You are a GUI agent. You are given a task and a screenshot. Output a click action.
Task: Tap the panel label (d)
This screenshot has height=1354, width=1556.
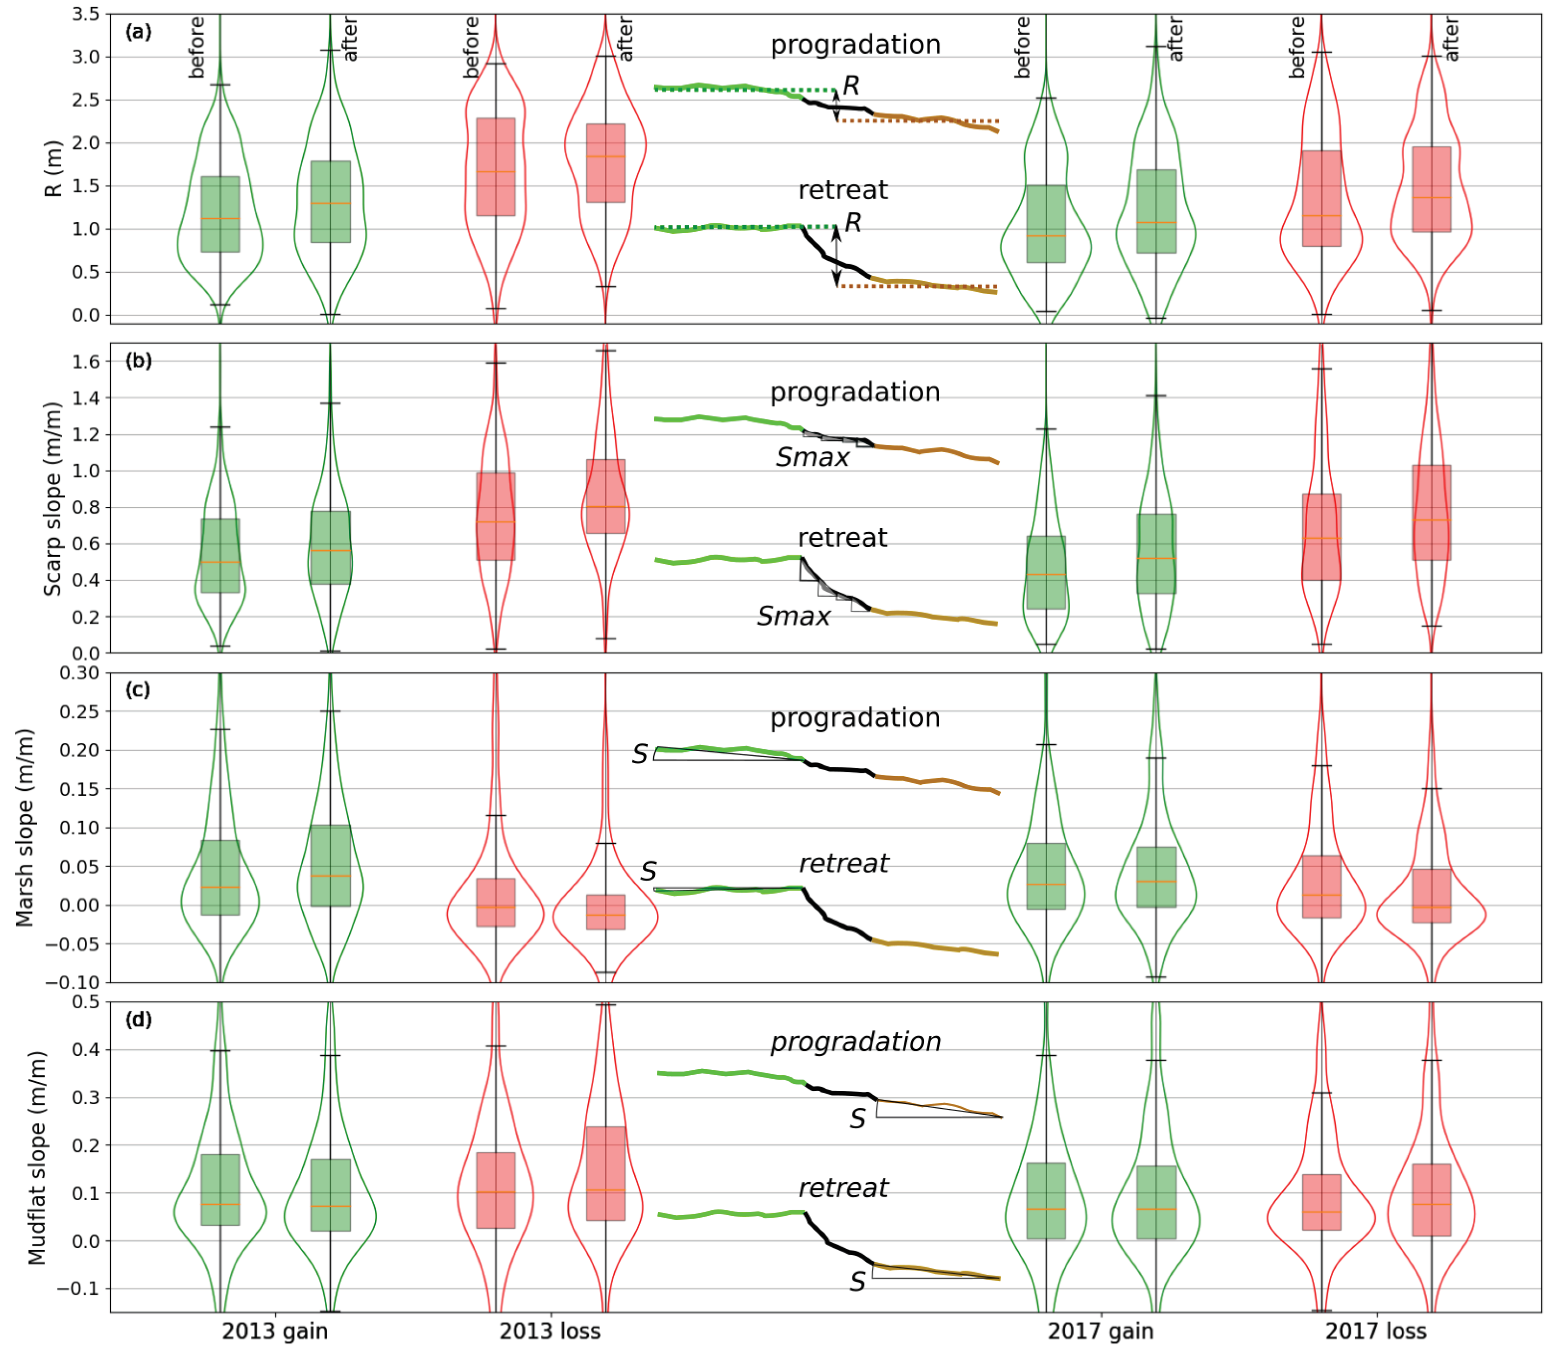coord(138,1019)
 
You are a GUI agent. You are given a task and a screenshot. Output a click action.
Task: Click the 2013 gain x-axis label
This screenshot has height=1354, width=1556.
coord(275,1330)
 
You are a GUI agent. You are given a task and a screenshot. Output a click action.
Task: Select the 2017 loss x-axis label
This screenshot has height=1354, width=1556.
coord(1375,1330)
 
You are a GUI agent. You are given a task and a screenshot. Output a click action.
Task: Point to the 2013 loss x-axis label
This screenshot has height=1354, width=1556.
coord(550,1330)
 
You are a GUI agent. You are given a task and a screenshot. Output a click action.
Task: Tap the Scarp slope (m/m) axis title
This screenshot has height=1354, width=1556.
coord(51,499)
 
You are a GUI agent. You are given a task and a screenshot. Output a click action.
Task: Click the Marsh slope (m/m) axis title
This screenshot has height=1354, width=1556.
coord(25,827)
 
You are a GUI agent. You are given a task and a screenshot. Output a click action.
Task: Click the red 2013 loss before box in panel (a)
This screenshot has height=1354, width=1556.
coord(496,167)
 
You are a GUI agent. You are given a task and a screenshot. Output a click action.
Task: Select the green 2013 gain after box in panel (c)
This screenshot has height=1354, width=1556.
coord(330,865)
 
